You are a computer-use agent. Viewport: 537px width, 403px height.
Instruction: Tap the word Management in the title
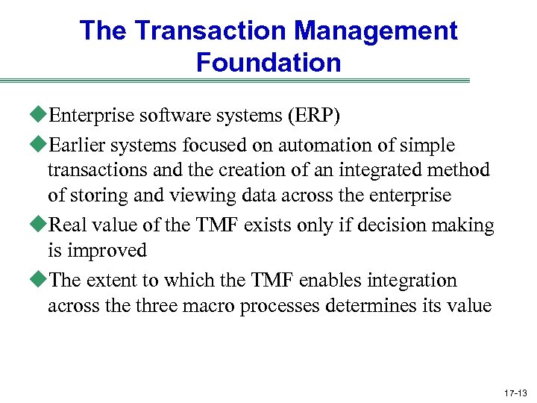(x=375, y=31)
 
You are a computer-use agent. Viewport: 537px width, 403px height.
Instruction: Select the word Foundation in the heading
(x=268, y=63)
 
